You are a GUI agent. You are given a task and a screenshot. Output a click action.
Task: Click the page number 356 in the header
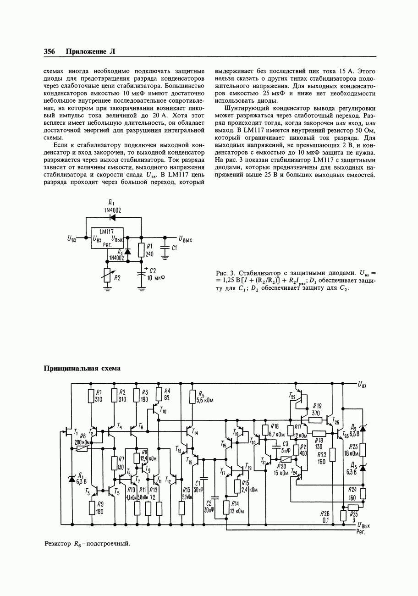pyautogui.click(x=49, y=51)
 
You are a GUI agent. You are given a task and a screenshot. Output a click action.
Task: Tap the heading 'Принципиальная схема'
pyautogui.click(x=82, y=368)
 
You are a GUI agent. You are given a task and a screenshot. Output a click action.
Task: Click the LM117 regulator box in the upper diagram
pyautogui.click(x=107, y=238)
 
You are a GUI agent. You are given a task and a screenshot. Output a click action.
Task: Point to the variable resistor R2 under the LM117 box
pyautogui.click(x=108, y=275)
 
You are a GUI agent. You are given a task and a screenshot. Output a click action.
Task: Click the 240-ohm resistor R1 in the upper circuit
pyautogui.click(x=142, y=250)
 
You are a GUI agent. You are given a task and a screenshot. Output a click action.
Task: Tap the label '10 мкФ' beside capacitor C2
pyautogui.click(x=156, y=277)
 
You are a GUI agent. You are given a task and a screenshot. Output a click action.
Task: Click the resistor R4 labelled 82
pyautogui.click(x=159, y=394)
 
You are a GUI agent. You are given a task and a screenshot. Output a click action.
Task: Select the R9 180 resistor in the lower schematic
pyautogui.click(x=92, y=508)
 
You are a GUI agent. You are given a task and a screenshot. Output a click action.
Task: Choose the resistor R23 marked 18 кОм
pyautogui.click(x=363, y=449)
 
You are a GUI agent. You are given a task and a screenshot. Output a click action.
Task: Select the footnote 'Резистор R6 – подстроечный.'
pyautogui.click(x=87, y=544)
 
